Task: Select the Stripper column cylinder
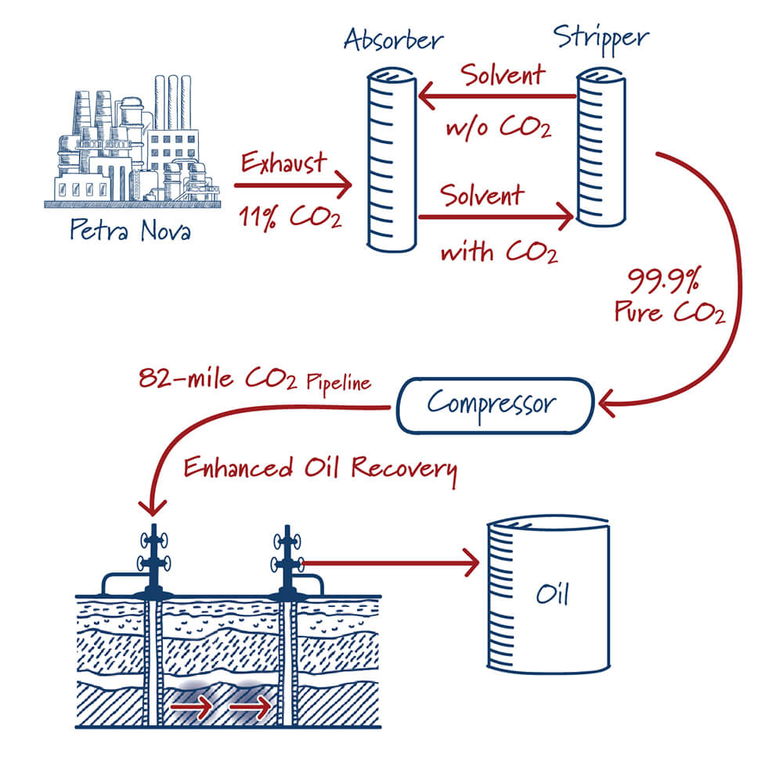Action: pyautogui.click(x=601, y=149)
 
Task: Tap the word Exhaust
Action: pyautogui.click(x=283, y=164)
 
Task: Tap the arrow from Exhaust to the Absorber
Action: pyautogui.click(x=293, y=186)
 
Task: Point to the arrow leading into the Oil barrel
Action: pyautogui.click(x=391, y=561)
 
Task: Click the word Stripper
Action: pyautogui.click(x=601, y=37)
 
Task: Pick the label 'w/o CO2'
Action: pyautogui.click(x=498, y=126)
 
